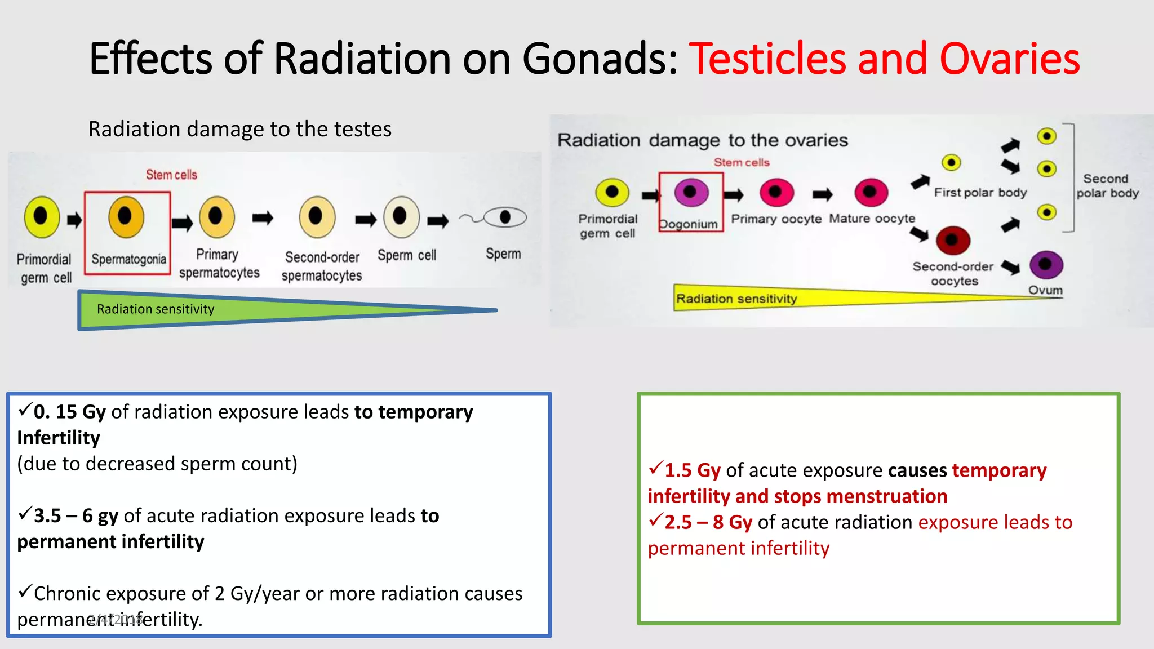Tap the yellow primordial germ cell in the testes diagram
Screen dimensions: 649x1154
[42, 216]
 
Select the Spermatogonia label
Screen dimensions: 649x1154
[128, 259]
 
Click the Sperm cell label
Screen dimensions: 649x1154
[407, 255]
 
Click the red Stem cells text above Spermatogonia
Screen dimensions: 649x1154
[171, 175]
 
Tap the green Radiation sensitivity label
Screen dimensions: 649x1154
[156, 309]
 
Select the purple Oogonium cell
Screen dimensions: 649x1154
[691, 193]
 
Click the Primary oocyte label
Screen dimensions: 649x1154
[776, 219]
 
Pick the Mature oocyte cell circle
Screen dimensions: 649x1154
[871, 193]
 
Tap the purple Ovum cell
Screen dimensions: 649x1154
[1046, 264]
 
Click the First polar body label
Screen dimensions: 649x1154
[980, 193]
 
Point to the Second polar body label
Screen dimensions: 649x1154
[1107, 186]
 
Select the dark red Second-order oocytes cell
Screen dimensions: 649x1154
[953, 241]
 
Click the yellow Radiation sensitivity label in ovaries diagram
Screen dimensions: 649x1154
[736, 299]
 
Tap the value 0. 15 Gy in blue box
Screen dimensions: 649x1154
[69, 412]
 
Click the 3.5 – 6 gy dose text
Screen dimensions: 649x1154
[76, 516]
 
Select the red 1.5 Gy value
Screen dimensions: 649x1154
[692, 470]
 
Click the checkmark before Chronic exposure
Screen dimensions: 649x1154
[25, 592]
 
